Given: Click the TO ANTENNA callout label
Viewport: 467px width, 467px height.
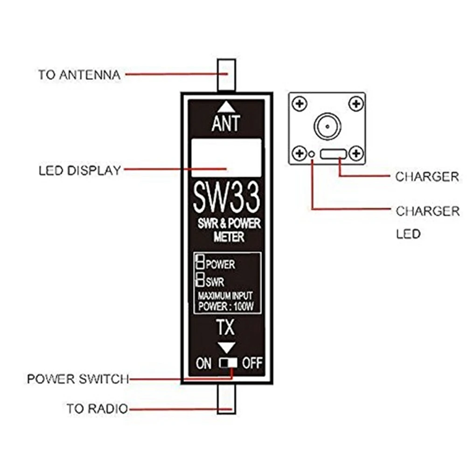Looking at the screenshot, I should pos(79,75).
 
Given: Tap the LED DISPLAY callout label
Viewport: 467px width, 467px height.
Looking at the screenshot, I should pos(80,171).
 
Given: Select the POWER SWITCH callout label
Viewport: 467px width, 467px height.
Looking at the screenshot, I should pos(77,378).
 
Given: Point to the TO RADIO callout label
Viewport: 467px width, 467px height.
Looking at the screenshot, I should pos(97,409).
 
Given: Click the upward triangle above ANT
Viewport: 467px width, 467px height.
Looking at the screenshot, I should pos(226,105).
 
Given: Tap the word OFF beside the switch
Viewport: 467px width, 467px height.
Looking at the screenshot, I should pos(252,362).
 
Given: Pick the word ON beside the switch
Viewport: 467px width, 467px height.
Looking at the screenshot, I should pos(204,363).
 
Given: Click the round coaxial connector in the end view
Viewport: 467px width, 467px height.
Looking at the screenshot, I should pos(327,125).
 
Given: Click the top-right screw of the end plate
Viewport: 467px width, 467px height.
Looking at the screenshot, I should pos(355,103).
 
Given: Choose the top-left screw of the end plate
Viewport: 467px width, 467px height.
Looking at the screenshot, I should pos(299,103).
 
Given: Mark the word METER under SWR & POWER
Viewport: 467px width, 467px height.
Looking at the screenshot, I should pos(229,237).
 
